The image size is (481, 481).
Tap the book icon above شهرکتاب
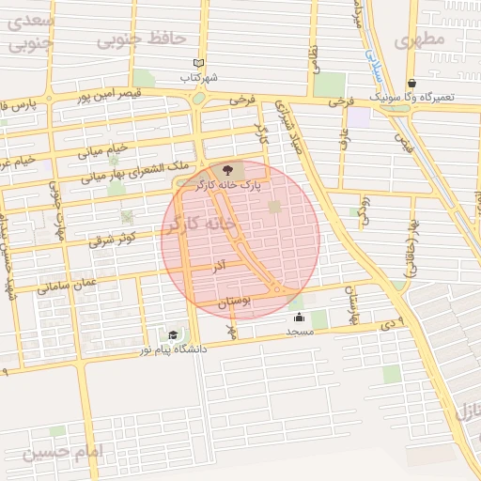point(197,63)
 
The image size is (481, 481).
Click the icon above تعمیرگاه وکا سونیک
point(411,83)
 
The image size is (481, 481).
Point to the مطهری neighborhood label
point(419,41)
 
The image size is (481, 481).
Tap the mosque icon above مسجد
point(299,318)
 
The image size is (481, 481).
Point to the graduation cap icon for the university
point(173,334)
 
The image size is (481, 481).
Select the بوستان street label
point(235,303)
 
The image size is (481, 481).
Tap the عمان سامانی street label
point(67,283)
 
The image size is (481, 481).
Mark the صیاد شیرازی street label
point(286,126)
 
